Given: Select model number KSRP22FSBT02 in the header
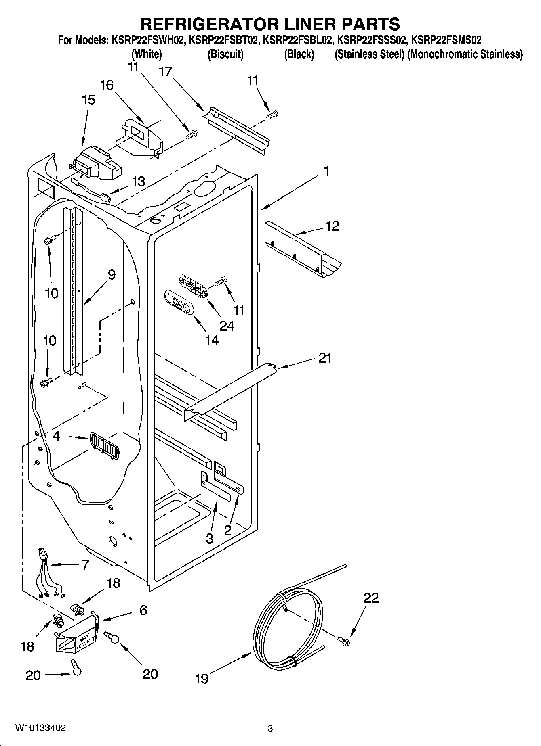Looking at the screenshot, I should (x=223, y=40).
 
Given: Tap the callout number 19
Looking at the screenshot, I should (x=202, y=679).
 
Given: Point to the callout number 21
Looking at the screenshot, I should (x=325, y=358).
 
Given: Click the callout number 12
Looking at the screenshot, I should (x=332, y=226).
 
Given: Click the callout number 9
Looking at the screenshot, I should (x=112, y=275).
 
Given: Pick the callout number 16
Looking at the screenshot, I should (x=107, y=85).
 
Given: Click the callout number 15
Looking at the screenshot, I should (x=88, y=100).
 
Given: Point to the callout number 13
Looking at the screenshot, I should (x=139, y=182).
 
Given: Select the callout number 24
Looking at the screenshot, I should (x=227, y=326).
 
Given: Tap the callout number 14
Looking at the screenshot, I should (x=212, y=341).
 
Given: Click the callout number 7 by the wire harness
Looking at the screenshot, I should (x=85, y=565).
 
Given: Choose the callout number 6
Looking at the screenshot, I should (x=143, y=610).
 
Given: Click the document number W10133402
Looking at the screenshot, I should (x=40, y=728).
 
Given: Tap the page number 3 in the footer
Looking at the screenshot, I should (x=270, y=728).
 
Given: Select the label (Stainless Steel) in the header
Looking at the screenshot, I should (x=369, y=54).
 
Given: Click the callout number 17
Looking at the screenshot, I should (x=166, y=72).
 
